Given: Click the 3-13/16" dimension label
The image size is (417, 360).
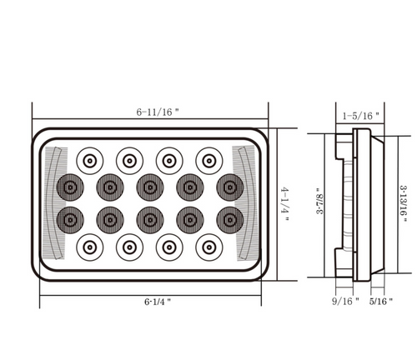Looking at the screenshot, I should [403, 203].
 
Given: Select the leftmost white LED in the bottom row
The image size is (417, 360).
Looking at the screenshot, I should [89, 247].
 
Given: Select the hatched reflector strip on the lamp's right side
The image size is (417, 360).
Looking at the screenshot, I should [244, 202].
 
